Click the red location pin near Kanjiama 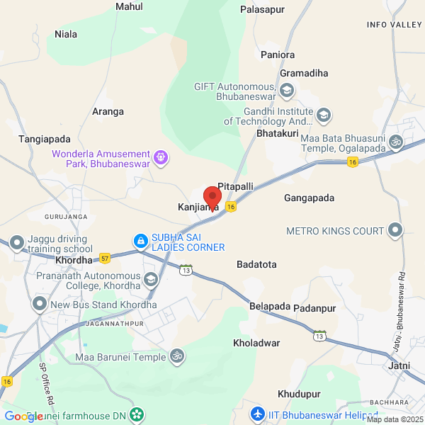click(212, 196)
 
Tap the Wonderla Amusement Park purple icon click(161, 157)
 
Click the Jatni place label click(399, 365)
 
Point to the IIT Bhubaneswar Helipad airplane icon click(259, 412)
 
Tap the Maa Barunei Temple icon click(178, 358)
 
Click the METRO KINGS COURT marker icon click(395, 231)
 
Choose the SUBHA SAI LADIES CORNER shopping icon click(141, 242)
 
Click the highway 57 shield click(106, 256)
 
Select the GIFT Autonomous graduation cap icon click(287, 91)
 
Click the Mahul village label click(129, 7)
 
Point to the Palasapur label click(261, 10)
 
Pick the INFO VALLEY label click(394, 25)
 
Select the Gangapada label click(309, 198)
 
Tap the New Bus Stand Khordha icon click(40, 305)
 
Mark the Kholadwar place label click(256, 343)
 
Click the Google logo click(23, 416)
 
